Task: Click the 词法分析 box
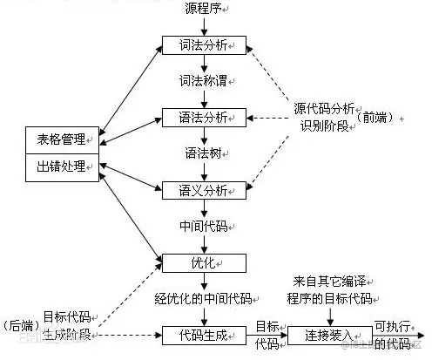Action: pos(204,44)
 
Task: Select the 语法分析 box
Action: pos(204,116)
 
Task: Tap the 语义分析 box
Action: pos(204,189)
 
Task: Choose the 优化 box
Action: pos(204,261)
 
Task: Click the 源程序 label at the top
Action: pos(204,9)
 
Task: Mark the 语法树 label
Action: pos(204,153)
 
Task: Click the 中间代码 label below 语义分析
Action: pos(204,225)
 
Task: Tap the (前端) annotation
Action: pos(377,117)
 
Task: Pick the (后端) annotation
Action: pos(20,324)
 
